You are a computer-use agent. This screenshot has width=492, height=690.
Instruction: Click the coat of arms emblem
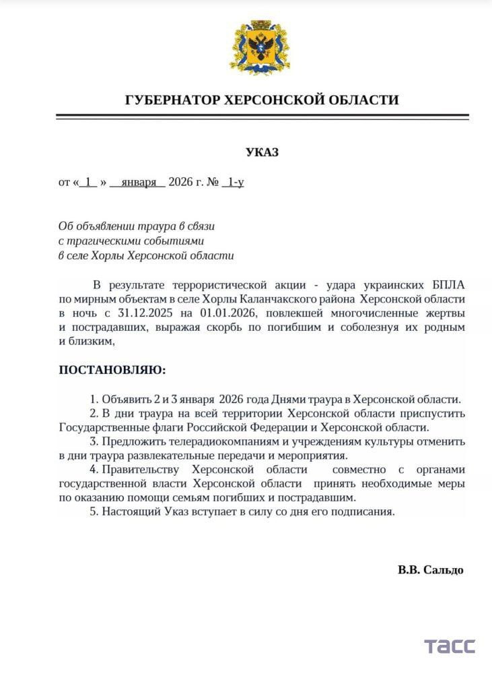click(x=261, y=49)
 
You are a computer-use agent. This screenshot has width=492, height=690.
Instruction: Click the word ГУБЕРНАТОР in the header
click(x=172, y=100)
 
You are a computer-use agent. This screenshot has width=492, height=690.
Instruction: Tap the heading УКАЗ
click(x=262, y=152)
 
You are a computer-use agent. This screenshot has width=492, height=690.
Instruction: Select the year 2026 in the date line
click(x=180, y=182)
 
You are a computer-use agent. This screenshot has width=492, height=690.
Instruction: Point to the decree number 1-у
click(x=236, y=182)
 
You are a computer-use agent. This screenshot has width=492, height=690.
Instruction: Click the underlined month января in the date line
click(x=139, y=182)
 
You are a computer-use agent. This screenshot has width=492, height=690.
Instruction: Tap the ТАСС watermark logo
click(x=449, y=646)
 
